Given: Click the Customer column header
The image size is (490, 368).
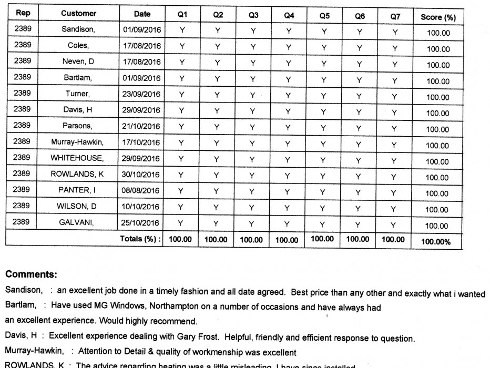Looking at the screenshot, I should tap(78, 14).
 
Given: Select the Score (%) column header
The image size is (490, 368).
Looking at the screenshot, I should tap(438, 17).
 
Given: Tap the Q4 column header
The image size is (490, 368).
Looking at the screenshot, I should tap(289, 15).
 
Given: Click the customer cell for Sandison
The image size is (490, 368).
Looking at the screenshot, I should tap(78, 29).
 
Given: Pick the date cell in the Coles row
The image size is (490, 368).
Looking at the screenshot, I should tap(141, 46).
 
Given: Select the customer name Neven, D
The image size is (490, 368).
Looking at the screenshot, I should tap(78, 62).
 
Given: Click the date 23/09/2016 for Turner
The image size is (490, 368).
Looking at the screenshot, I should tap(141, 94).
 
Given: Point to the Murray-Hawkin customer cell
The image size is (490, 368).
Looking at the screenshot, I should tap(77, 142).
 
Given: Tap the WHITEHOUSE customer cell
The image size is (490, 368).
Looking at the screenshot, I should tap(77, 158).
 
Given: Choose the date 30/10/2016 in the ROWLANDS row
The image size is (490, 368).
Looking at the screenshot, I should tap(140, 174).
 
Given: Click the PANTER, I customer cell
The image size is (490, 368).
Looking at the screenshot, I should tap(77, 190).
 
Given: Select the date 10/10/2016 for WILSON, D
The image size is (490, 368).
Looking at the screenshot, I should tap(140, 206).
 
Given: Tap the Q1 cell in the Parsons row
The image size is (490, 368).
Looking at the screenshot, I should tap(182, 126).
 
